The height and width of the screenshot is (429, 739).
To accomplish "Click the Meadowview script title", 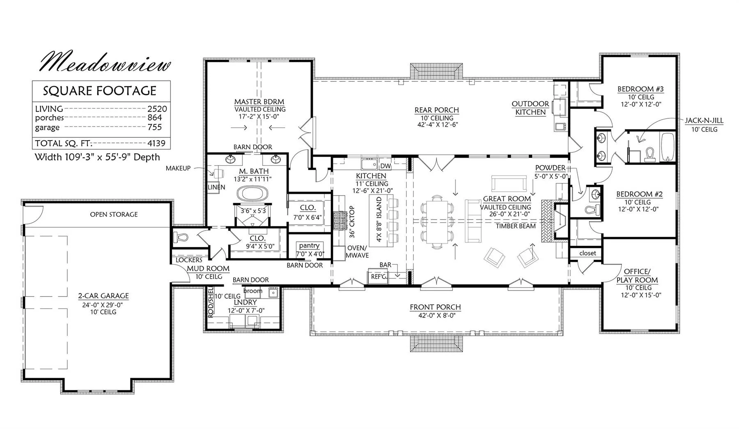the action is [x=105, y=62].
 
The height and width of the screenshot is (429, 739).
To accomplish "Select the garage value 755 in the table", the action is [x=155, y=127].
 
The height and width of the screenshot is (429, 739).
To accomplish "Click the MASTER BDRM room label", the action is [x=259, y=101].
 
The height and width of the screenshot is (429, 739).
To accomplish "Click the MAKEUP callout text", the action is [x=178, y=168].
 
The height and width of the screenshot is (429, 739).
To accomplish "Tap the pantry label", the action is [x=309, y=246].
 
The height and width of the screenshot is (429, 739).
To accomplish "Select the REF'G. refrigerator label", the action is [x=379, y=277].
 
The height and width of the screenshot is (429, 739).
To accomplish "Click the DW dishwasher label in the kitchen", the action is [x=386, y=166].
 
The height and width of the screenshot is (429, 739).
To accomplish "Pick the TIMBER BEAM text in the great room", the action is [x=516, y=226].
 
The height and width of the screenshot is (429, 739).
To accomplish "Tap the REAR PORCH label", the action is [x=437, y=110].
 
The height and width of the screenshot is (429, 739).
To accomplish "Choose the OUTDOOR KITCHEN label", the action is [x=530, y=108].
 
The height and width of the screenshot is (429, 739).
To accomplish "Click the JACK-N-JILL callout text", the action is [x=704, y=121].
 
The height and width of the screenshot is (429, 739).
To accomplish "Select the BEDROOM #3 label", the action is [x=640, y=89].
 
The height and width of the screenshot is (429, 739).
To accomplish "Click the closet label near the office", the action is [x=588, y=253].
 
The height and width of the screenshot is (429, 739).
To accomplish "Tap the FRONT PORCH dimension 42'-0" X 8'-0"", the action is [x=435, y=315].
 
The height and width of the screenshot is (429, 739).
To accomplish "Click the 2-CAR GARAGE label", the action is [x=103, y=296].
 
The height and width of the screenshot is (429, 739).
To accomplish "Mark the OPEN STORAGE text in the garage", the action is [x=114, y=214].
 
